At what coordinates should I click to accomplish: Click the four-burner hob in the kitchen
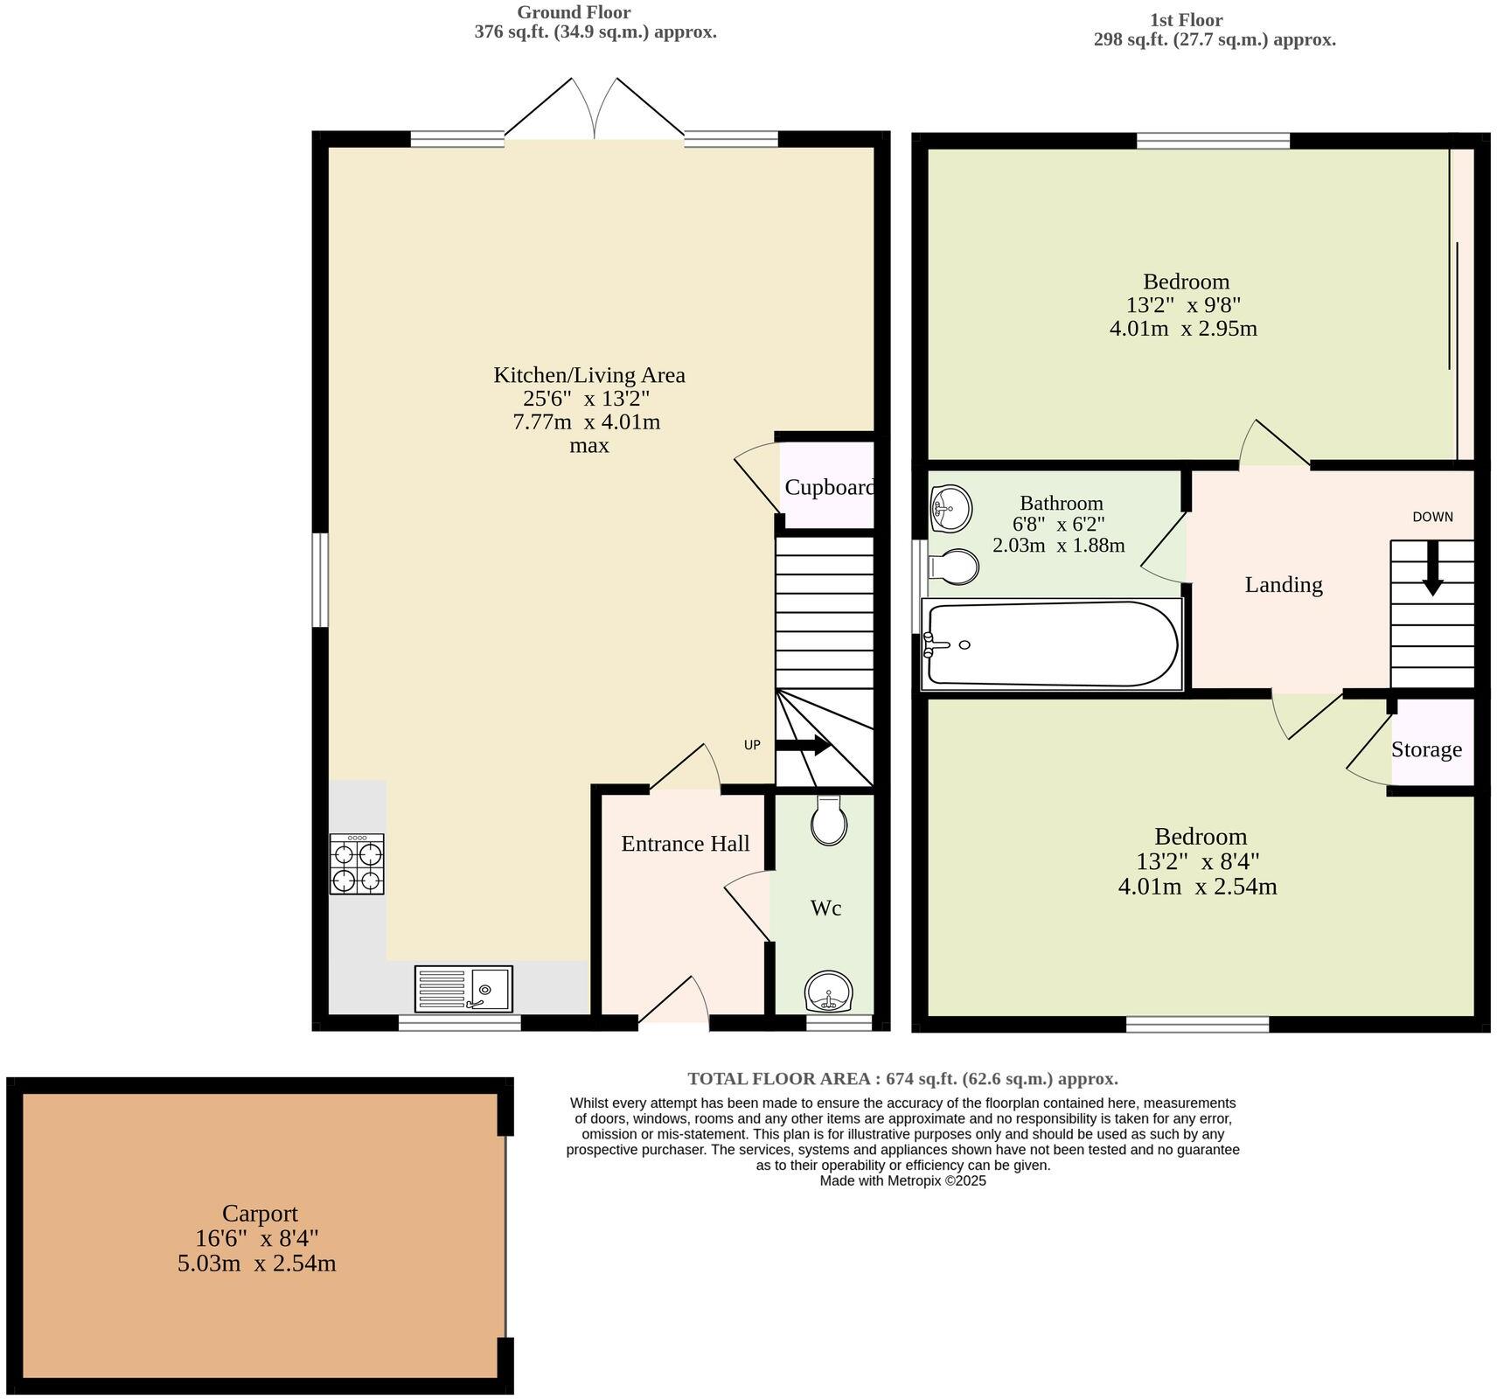[357, 864]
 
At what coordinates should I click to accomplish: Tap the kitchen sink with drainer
[463, 989]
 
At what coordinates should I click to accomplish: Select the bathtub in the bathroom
[1052, 644]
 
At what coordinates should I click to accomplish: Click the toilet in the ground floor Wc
[829, 821]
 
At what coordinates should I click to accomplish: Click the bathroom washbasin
[950, 509]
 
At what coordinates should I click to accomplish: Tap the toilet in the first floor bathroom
[954, 567]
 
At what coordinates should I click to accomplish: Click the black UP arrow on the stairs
[803, 746]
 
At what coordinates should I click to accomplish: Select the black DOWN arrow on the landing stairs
[1432, 568]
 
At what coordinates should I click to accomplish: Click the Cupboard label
[828, 487]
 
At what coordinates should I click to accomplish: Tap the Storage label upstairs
[1426, 749]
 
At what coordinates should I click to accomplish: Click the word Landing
[1283, 584]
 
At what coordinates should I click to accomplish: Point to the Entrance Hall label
[685, 843]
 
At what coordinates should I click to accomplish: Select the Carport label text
[260, 1213]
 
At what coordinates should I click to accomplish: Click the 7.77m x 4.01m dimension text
[586, 422]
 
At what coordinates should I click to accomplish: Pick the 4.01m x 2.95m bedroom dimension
[1183, 329]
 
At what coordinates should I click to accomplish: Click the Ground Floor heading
[574, 12]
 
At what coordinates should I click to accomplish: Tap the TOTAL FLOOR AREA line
[902, 1078]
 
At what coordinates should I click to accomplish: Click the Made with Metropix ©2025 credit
[902, 1180]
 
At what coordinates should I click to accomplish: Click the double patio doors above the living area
[595, 109]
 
